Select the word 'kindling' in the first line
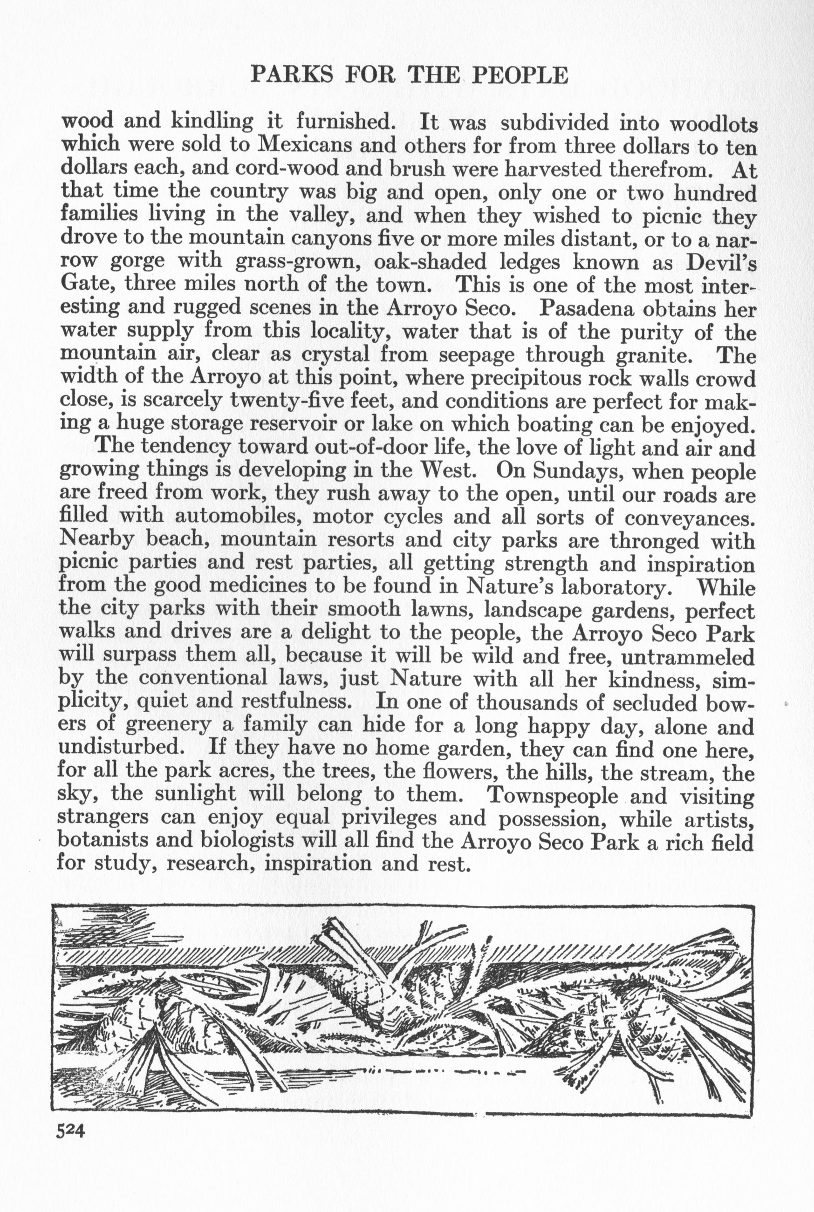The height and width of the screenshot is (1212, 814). [x=212, y=123]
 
